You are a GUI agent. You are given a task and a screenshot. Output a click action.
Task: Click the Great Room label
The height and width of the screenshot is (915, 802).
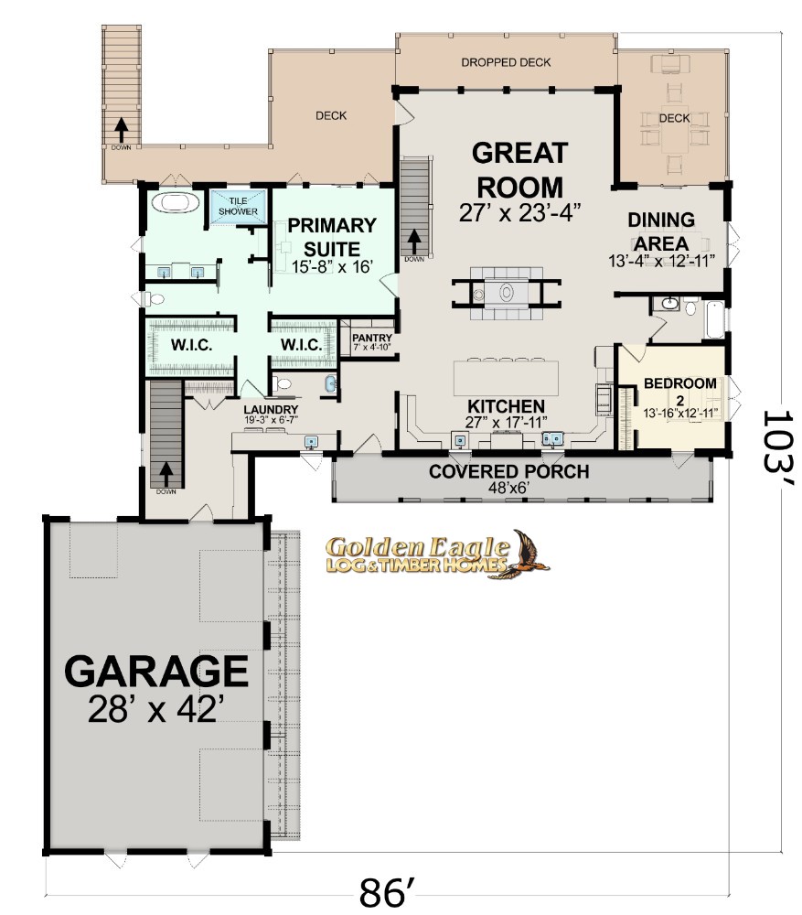tap(519, 170)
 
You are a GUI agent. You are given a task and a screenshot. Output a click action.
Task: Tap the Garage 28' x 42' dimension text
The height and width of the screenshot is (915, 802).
tap(156, 709)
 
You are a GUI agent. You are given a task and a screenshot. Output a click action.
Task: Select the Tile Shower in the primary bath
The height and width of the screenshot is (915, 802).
tap(239, 207)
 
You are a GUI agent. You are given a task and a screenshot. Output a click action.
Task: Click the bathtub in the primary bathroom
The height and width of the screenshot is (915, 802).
tap(176, 203)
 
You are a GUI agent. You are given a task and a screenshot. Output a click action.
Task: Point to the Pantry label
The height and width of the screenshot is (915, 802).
tap(372, 338)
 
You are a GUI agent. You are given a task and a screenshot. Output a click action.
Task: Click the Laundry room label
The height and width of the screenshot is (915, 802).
tap(271, 410)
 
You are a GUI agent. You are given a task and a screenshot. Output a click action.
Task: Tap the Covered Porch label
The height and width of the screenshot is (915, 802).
tap(508, 471)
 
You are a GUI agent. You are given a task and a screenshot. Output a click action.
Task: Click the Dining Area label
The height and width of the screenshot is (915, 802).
tap(661, 231)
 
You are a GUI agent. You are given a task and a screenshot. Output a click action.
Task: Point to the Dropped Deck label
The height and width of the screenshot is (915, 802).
tap(506, 62)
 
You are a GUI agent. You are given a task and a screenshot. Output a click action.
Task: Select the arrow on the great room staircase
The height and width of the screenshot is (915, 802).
tap(414, 240)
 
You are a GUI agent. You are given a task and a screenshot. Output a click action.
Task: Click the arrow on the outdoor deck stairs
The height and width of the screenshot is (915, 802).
tap(122, 130)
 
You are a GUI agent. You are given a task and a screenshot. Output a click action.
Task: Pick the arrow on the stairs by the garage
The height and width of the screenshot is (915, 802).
tap(166, 474)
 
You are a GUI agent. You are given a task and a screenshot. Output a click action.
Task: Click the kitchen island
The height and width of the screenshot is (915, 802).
tap(507, 379)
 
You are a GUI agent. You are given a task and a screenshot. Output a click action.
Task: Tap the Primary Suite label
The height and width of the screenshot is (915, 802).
tap(332, 237)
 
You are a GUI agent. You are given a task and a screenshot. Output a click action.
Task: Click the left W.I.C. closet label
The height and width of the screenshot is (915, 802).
tap(191, 345)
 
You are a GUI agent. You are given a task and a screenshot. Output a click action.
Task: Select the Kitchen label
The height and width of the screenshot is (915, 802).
tap(507, 406)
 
